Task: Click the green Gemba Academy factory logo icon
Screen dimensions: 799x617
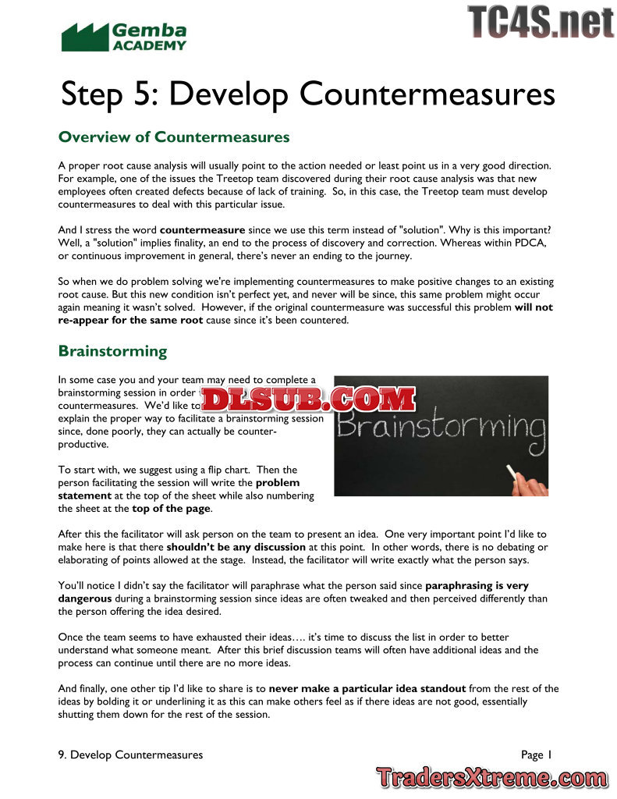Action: pyautogui.click(x=84, y=37)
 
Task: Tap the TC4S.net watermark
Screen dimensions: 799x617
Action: pyautogui.click(x=541, y=21)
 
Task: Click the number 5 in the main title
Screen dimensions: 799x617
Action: pyautogui.click(x=145, y=94)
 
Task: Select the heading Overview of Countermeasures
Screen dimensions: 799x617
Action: pyautogui.click(x=174, y=137)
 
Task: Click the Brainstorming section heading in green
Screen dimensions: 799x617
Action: pyautogui.click(x=112, y=351)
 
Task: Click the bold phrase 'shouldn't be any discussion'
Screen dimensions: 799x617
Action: pyautogui.click(x=236, y=547)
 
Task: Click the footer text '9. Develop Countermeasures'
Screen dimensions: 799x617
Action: pyautogui.click(x=130, y=755)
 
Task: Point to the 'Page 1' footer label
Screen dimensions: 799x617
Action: pyautogui.click(x=536, y=755)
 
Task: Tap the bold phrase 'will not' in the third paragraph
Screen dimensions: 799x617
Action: pyautogui.click(x=534, y=307)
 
